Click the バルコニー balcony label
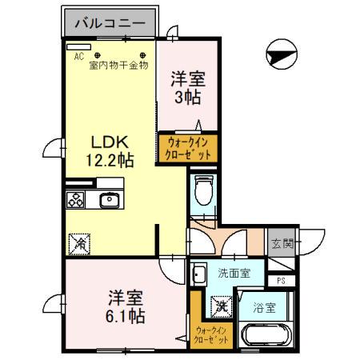[x=110, y=23]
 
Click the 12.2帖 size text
[x=110, y=159]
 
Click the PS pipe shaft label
[x=281, y=280]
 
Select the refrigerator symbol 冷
[x=79, y=242]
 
